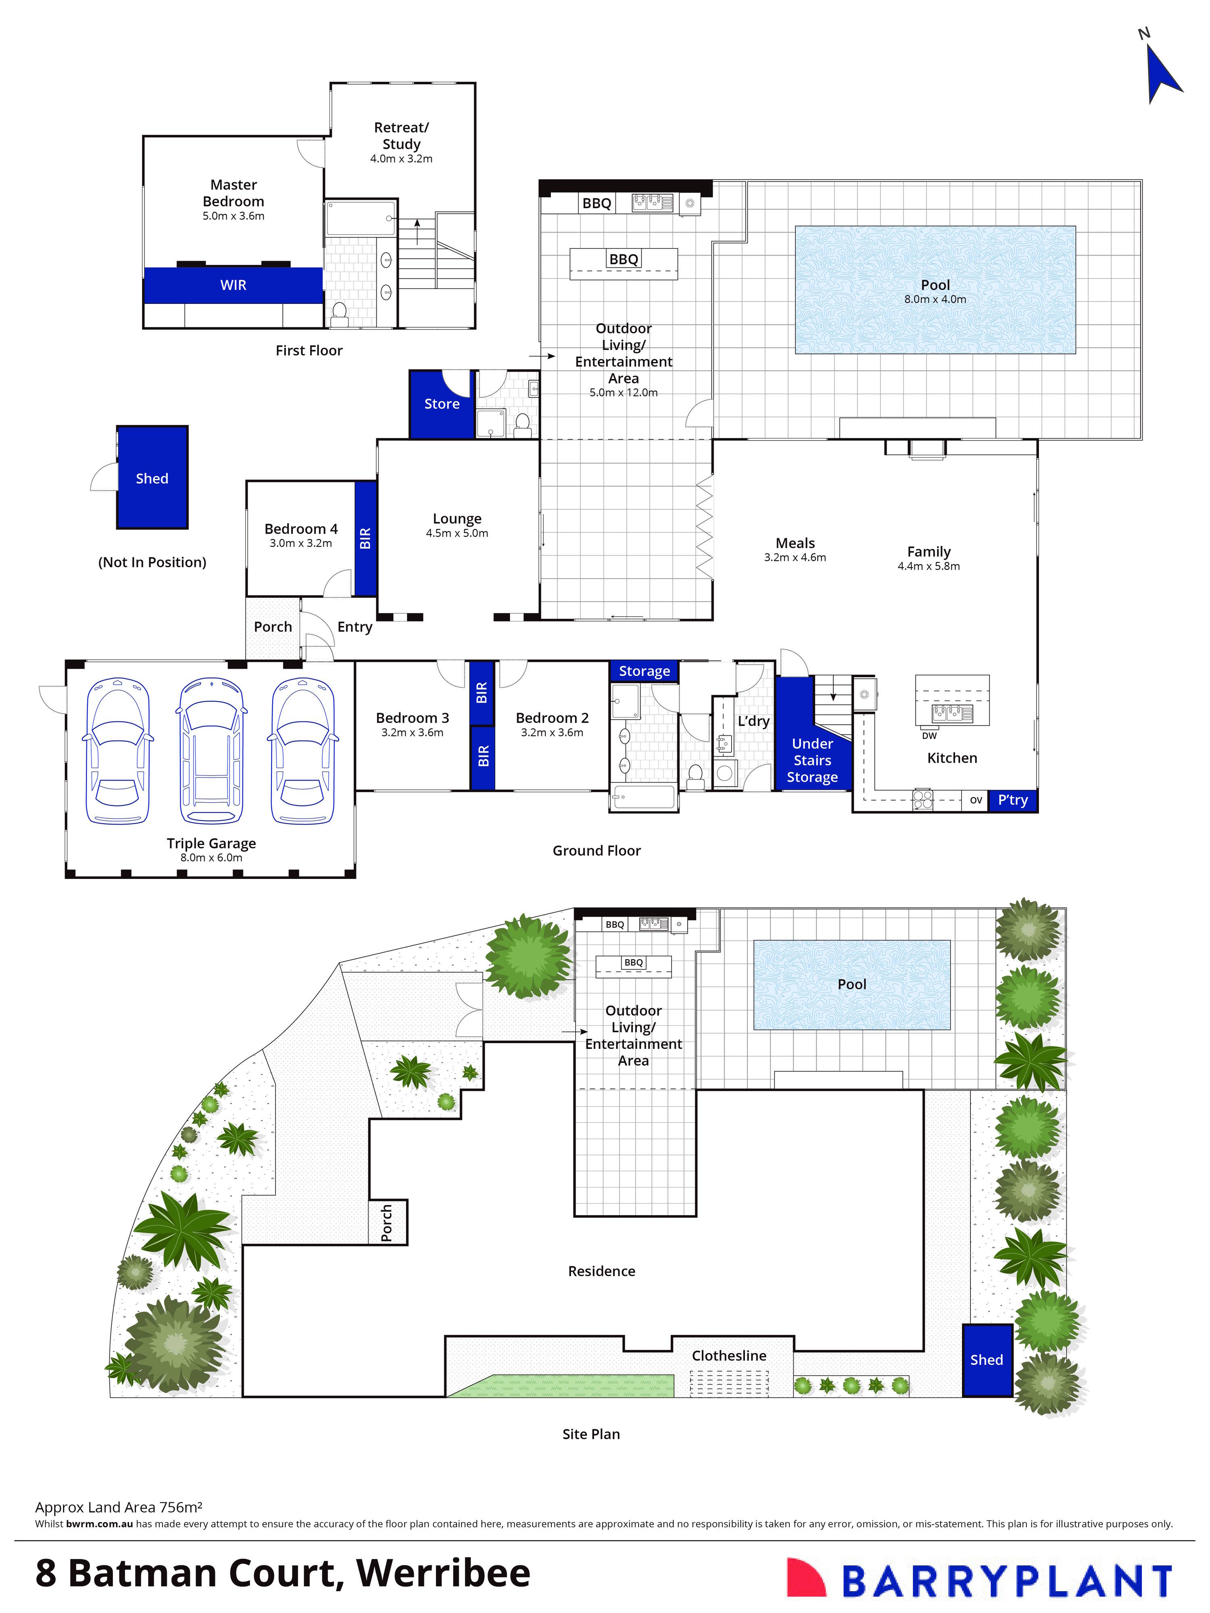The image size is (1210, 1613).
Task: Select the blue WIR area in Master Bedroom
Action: click(x=233, y=285)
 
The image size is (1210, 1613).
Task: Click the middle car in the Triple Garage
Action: click(x=211, y=751)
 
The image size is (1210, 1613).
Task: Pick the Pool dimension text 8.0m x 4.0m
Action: click(x=935, y=299)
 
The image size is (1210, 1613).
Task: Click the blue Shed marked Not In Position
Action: click(x=152, y=478)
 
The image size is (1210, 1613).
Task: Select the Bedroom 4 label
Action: click(x=300, y=529)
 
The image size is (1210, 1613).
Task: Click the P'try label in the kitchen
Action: click(x=1012, y=800)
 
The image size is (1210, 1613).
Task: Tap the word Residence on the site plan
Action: click(x=601, y=1271)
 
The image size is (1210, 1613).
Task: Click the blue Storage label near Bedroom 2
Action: click(x=645, y=671)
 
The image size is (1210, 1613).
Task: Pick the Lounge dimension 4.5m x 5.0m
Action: click(x=457, y=533)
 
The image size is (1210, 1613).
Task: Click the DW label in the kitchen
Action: click(x=929, y=736)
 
